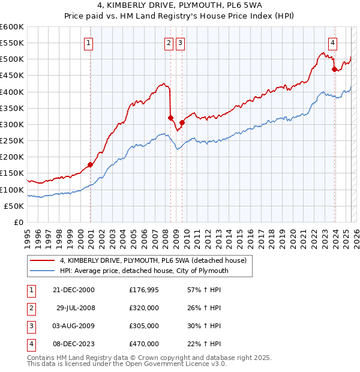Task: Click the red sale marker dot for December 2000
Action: coord(90,164)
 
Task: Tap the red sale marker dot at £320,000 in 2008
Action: coord(170,118)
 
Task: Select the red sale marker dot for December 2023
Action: coord(334,69)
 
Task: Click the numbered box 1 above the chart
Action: coord(89,43)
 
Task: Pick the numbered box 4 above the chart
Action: coord(332,43)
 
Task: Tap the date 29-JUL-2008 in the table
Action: coord(76,308)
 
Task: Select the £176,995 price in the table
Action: coord(144,290)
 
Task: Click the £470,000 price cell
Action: coord(144,344)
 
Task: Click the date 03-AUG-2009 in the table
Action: coord(74,326)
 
